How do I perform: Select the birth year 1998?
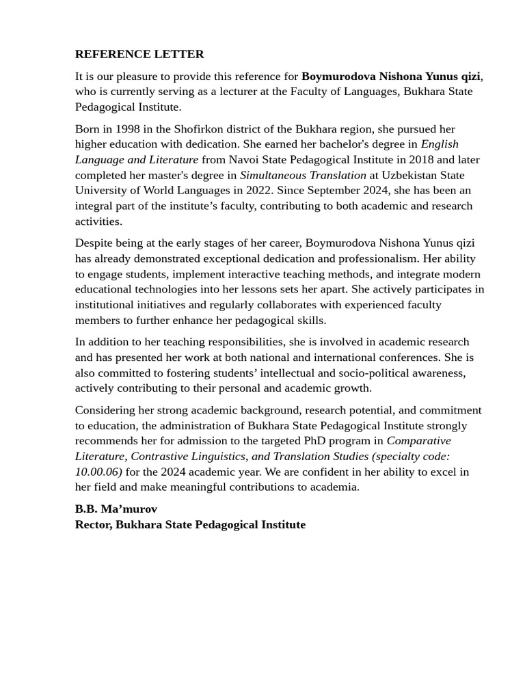coord(128,129)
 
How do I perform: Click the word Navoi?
coord(245,159)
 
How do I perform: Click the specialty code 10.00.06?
coord(97,472)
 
